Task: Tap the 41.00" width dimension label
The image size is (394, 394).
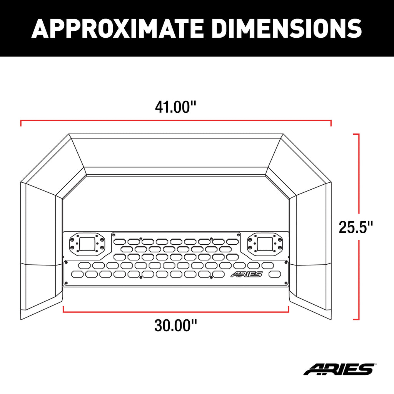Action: point(175,107)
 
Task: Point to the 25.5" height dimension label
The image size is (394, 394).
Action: point(356,227)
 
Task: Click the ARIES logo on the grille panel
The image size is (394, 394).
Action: point(246,274)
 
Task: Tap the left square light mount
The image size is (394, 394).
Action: point(87,244)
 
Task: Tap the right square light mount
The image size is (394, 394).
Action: point(265,244)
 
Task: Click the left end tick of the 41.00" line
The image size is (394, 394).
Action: point(21,123)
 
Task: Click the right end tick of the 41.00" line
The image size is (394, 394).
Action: point(331,123)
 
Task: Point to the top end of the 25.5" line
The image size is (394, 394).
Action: point(356,134)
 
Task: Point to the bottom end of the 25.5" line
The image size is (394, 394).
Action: point(356,319)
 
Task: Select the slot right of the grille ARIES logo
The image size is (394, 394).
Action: point(275,274)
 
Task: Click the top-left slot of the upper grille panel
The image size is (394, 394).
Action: point(120,242)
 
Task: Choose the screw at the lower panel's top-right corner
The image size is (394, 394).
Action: point(285,262)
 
